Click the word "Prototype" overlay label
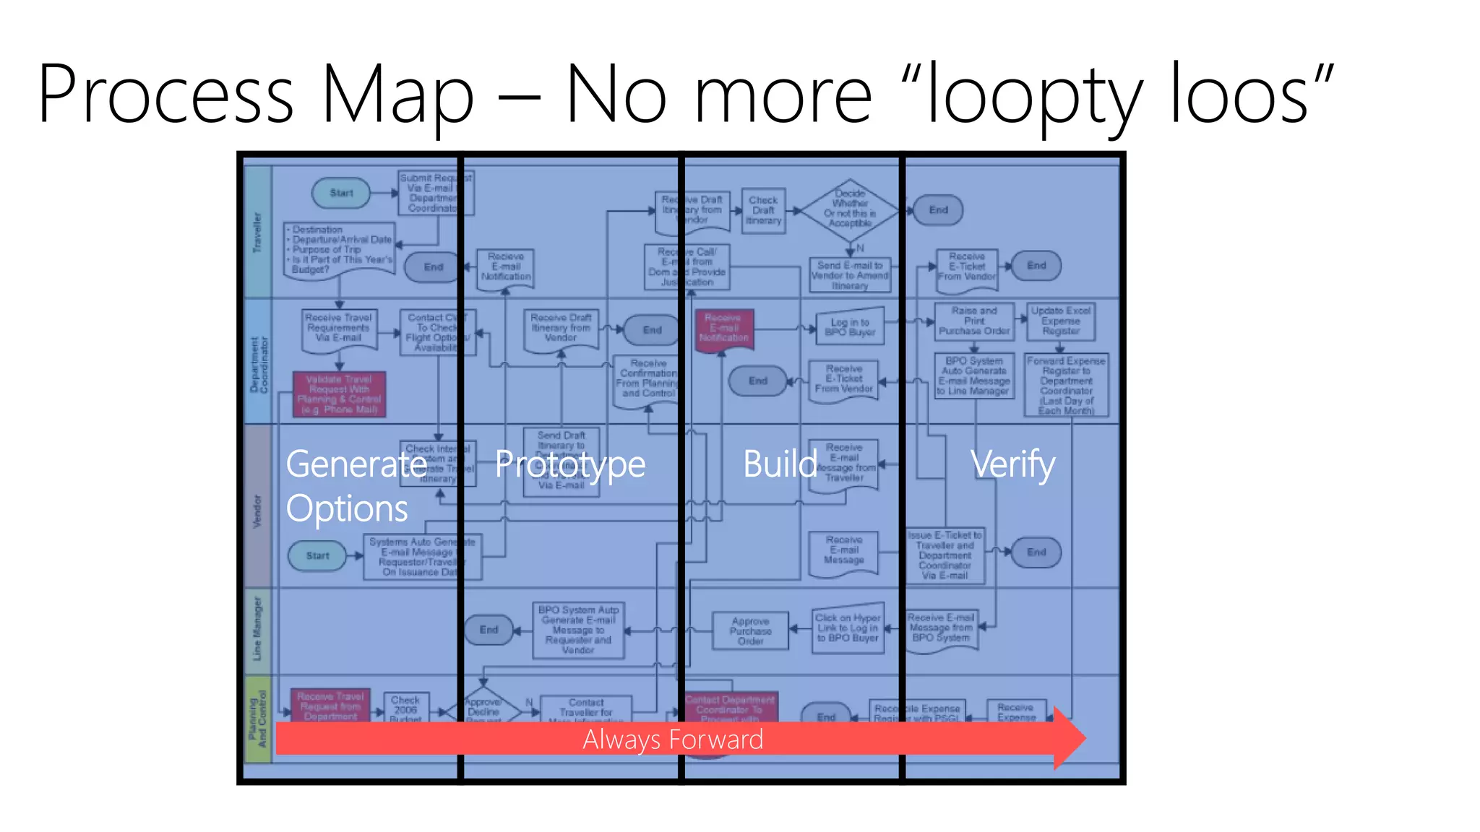(570, 464)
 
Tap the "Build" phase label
(780, 464)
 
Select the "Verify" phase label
(1012, 464)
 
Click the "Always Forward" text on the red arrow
(673, 740)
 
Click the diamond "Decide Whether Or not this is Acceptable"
(851, 209)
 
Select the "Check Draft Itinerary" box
(763, 210)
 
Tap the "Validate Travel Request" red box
(339, 394)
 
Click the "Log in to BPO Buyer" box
(851, 328)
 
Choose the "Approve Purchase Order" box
(750, 631)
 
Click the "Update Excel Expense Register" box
(1060, 321)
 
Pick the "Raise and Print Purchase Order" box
(973, 321)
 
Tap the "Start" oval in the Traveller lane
(341, 193)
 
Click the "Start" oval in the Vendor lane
(317, 555)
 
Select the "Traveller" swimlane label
(257, 232)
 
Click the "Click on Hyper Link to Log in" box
(848, 628)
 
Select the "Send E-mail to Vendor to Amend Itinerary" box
(850, 275)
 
